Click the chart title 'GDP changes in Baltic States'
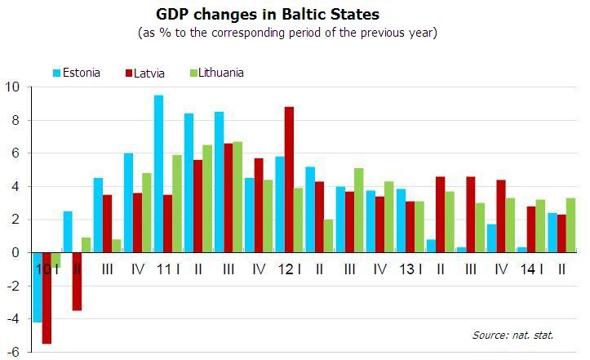click(267, 15)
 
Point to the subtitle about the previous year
click(288, 33)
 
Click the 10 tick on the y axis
click(14, 87)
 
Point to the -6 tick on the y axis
click(14, 352)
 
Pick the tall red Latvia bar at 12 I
click(289, 180)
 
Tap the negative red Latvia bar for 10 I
click(47, 298)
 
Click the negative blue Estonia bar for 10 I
click(37, 287)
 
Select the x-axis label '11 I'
click(168, 269)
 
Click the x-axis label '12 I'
click(289, 269)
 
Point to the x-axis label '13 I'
click(410, 269)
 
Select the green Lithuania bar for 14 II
click(570, 225)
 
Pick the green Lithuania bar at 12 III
click(359, 211)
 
